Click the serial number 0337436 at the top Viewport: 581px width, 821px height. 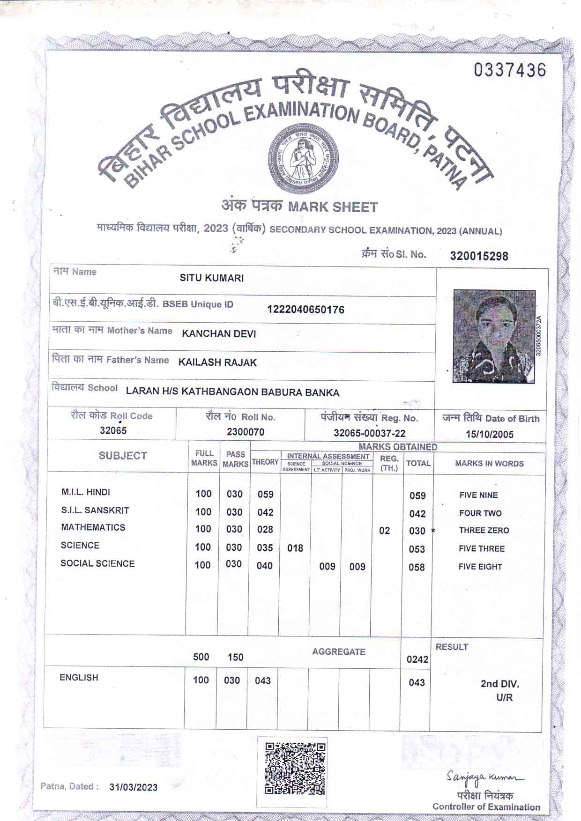tap(510, 70)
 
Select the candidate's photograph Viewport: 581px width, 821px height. tap(494, 336)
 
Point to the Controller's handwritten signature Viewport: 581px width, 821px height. tap(485, 778)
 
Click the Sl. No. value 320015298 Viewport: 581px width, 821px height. tap(479, 256)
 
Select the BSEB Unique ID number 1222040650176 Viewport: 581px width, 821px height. tap(305, 310)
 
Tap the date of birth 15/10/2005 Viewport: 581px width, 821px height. tap(490, 434)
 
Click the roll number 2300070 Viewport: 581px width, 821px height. tap(246, 432)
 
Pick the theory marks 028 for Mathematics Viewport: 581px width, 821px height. tap(265, 529)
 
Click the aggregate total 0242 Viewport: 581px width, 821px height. tap(417, 659)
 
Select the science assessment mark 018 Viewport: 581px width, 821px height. tap(295, 548)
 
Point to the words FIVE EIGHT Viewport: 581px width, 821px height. tap(480, 567)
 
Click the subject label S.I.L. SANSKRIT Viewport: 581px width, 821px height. tap(95, 510)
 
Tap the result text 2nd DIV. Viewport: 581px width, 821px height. tap(500, 684)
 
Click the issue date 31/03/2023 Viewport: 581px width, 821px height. tap(134, 787)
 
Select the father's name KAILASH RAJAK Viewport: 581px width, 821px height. tap(217, 362)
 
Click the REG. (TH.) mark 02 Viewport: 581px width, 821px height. tap(384, 531)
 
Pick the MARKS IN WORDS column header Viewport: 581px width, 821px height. tap(489, 464)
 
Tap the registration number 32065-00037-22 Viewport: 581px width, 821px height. tap(369, 433)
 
